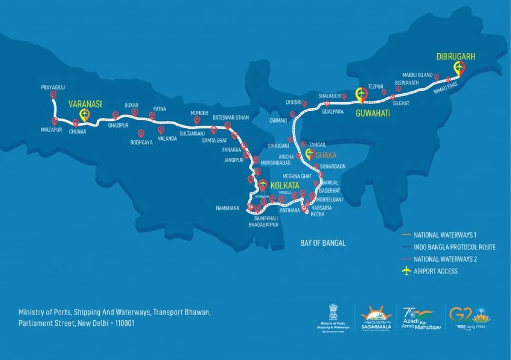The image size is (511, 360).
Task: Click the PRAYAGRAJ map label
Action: (x=53, y=88)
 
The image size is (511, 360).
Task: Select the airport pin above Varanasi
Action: (x=85, y=114)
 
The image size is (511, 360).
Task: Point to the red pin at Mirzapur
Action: (x=55, y=121)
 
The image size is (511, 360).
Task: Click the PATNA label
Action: (x=160, y=109)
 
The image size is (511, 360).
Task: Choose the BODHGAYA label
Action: (x=142, y=142)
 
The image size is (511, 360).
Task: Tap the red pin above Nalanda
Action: (x=161, y=129)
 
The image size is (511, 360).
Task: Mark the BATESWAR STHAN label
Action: (x=231, y=117)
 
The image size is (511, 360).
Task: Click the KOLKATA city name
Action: (x=285, y=185)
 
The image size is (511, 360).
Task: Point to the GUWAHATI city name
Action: (x=373, y=113)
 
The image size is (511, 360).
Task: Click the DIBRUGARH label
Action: (x=456, y=57)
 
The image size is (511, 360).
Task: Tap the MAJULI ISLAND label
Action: (x=417, y=75)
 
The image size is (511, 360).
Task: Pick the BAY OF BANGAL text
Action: (x=323, y=243)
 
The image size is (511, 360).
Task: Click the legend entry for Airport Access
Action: (x=435, y=271)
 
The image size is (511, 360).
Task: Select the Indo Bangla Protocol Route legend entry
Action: (x=454, y=247)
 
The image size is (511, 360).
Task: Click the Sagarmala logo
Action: (x=376, y=318)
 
